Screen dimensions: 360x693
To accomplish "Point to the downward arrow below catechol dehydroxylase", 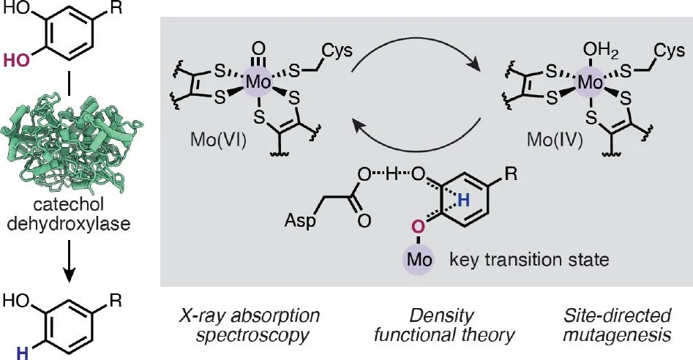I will [68, 261].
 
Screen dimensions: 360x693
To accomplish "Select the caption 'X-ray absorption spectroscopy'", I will [235, 326].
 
